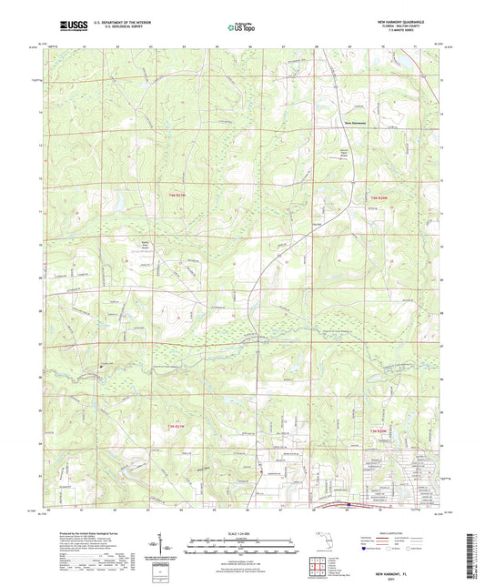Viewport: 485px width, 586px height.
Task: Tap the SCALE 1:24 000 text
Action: tap(241, 533)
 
